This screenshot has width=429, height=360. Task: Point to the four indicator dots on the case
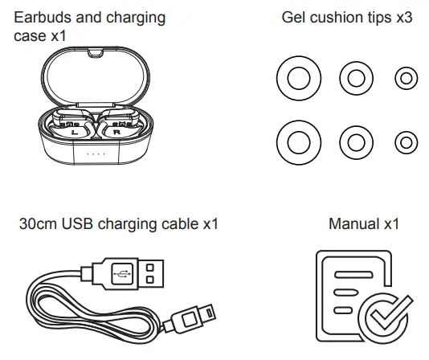coord(96,154)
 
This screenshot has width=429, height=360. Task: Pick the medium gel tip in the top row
coord(356,78)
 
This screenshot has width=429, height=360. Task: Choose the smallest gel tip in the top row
coord(407,78)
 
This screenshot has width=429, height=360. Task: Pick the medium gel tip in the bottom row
coord(356,142)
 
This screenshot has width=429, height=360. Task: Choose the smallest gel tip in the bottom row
coord(407,142)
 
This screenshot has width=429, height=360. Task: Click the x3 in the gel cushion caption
coord(402,16)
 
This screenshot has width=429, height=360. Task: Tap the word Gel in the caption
coord(294,16)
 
